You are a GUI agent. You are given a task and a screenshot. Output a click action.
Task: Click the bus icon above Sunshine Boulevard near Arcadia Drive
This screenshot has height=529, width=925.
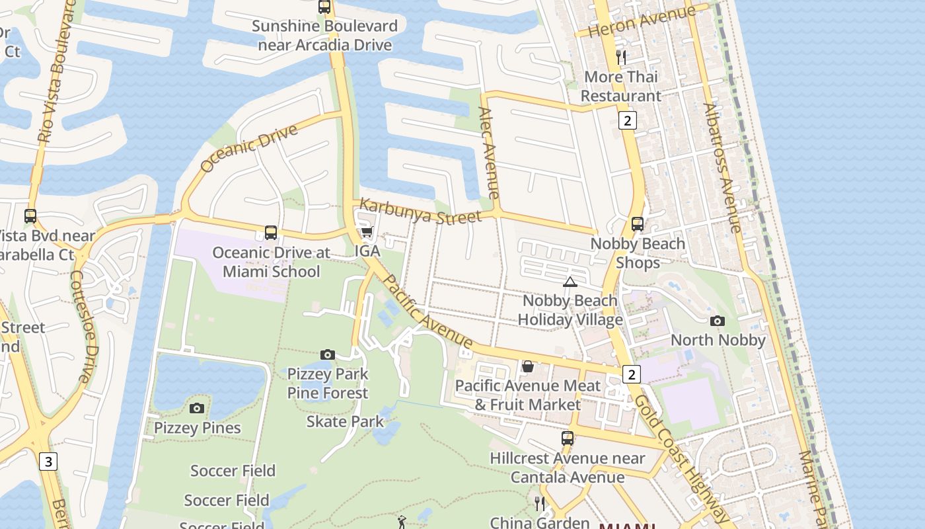click(x=324, y=7)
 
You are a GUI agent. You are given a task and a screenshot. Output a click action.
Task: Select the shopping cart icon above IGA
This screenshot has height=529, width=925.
click(x=367, y=231)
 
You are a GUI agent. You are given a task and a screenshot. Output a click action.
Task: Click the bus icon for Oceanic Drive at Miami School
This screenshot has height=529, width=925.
click(x=270, y=233)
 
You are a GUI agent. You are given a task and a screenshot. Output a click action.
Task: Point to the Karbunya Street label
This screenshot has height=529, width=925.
click(x=421, y=212)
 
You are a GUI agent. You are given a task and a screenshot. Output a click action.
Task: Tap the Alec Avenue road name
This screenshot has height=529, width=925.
click(x=488, y=153)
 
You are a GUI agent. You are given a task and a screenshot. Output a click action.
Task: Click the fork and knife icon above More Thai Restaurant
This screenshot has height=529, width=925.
click(x=620, y=58)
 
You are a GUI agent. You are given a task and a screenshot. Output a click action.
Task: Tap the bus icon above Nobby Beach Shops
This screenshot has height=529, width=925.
click(x=638, y=224)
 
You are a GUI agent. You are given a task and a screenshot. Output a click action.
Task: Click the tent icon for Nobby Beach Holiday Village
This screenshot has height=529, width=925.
click(x=570, y=282)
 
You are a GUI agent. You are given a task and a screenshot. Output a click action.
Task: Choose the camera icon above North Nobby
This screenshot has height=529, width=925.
click(x=718, y=321)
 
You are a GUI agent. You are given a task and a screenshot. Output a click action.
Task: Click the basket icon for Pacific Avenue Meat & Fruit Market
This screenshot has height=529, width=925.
click(x=527, y=366)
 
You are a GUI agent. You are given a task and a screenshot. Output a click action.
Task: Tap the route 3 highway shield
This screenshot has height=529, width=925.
click(x=48, y=461)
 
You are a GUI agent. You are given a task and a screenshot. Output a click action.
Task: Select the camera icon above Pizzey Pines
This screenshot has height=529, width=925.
click(x=197, y=409)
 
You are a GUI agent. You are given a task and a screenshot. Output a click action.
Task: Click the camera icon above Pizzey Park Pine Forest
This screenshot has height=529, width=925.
click(x=327, y=355)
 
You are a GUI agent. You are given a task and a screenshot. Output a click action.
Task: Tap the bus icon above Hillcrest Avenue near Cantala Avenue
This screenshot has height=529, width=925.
click(x=567, y=438)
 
